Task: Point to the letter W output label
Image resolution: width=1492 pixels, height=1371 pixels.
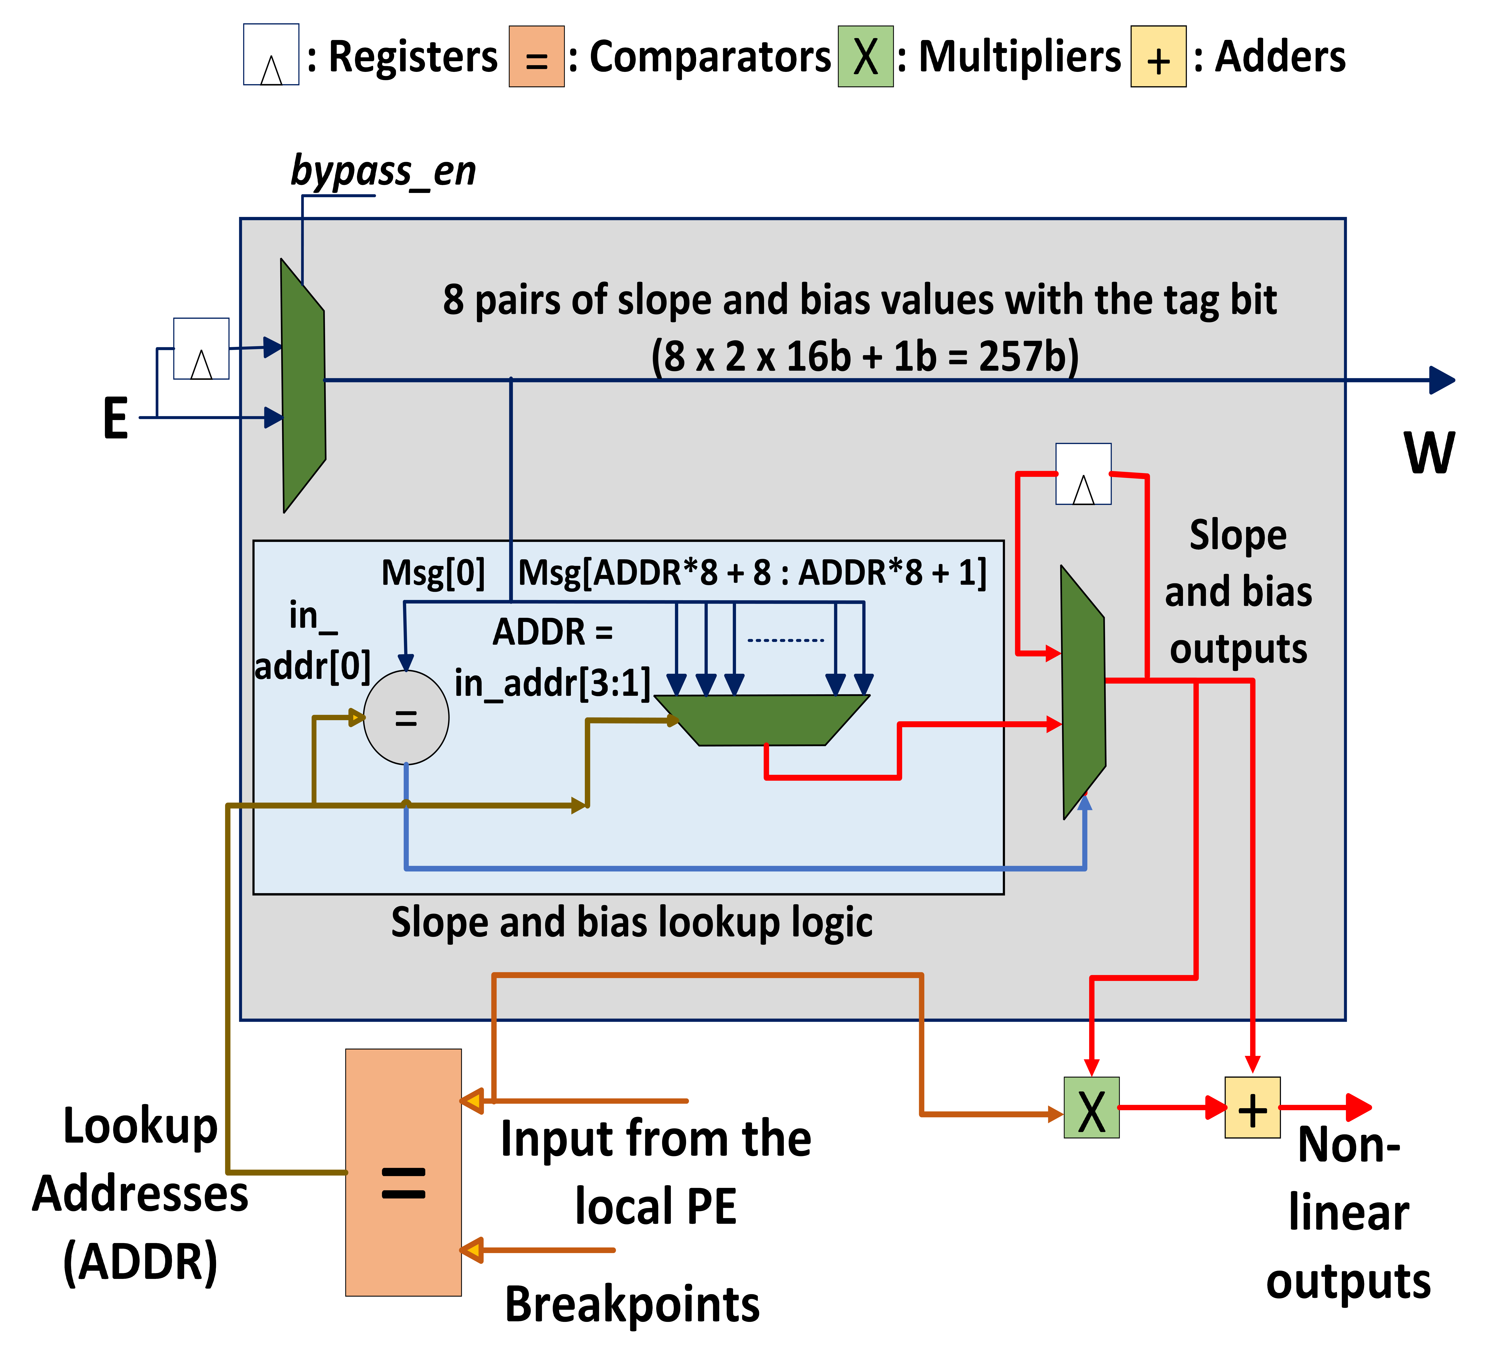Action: tap(1429, 453)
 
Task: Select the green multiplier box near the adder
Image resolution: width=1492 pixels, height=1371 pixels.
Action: tap(1091, 1108)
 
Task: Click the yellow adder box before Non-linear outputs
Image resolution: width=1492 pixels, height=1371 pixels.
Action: tap(1252, 1108)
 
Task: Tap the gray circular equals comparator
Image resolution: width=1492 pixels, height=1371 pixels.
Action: tap(406, 717)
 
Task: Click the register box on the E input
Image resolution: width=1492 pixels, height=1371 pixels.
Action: tap(201, 349)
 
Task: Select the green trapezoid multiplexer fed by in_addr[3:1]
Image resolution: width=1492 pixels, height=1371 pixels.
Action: tap(762, 720)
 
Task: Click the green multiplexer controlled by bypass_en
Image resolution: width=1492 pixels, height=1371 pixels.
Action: tap(303, 386)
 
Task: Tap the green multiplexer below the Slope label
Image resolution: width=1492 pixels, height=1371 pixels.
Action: tap(1084, 692)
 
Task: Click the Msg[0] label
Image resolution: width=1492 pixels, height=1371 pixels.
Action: tap(433, 573)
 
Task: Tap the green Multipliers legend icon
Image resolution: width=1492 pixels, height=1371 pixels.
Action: tap(865, 56)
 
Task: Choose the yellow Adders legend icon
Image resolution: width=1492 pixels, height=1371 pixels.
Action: tap(1158, 56)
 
